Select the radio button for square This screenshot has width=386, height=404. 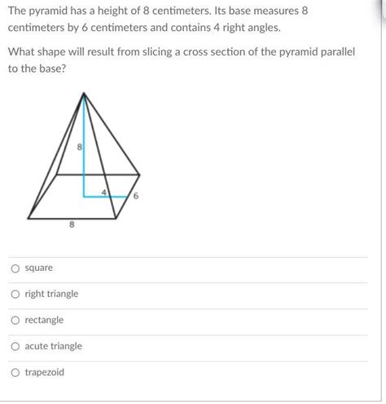point(15,269)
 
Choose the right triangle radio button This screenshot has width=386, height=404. point(15,295)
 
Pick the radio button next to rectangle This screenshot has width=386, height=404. point(15,321)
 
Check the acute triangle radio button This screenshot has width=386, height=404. point(15,347)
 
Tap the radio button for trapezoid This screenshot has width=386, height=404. point(15,373)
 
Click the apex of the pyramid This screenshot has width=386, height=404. point(85,94)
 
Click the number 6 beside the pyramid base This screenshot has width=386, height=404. point(137,196)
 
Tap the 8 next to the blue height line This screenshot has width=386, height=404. point(79,148)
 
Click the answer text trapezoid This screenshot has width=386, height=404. point(45,373)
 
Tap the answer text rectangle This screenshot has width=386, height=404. point(44,321)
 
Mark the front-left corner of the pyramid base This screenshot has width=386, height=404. point(29,218)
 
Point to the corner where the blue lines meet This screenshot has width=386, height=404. point(86,196)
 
